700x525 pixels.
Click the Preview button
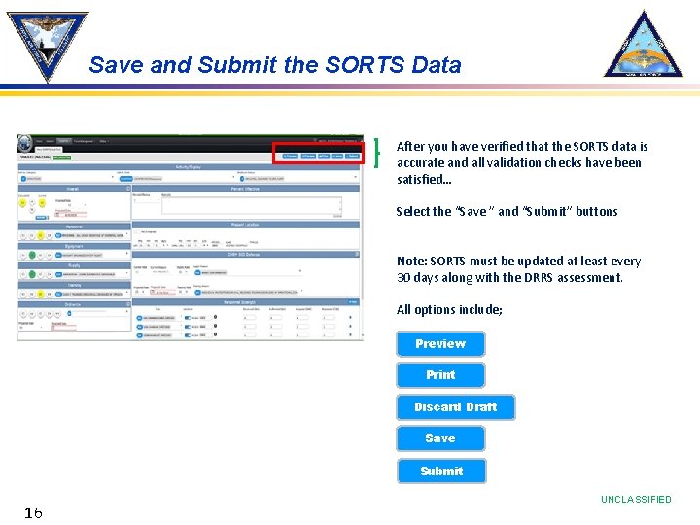[x=440, y=344]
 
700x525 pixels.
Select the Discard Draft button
[x=455, y=407]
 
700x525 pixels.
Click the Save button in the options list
[x=440, y=438]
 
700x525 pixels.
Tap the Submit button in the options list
[x=441, y=472]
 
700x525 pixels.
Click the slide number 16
[x=33, y=512]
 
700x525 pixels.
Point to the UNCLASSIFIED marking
[x=636, y=500]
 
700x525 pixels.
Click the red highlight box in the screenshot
[x=318, y=153]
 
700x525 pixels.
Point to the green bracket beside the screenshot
[x=375, y=154]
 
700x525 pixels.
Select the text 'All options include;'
[x=449, y=310]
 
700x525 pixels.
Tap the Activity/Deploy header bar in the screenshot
[x=190, y=167]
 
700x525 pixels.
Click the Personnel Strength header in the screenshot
[x=248, y=302]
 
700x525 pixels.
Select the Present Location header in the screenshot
[x=248, y=225]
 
